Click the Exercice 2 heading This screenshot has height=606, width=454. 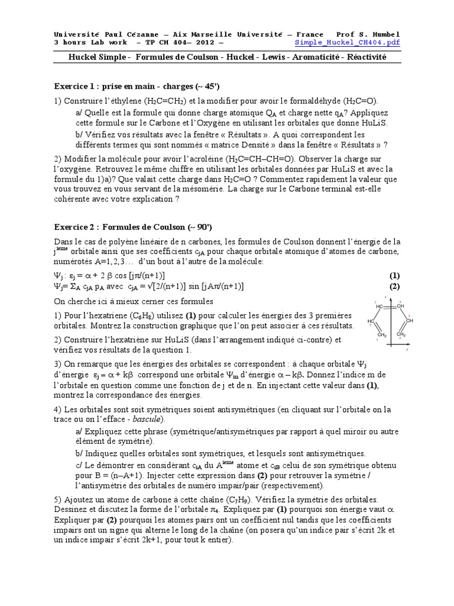pyautogui.click(x=80, y=227)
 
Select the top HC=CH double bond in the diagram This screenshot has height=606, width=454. pyautogui.click(x=391, y=306)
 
